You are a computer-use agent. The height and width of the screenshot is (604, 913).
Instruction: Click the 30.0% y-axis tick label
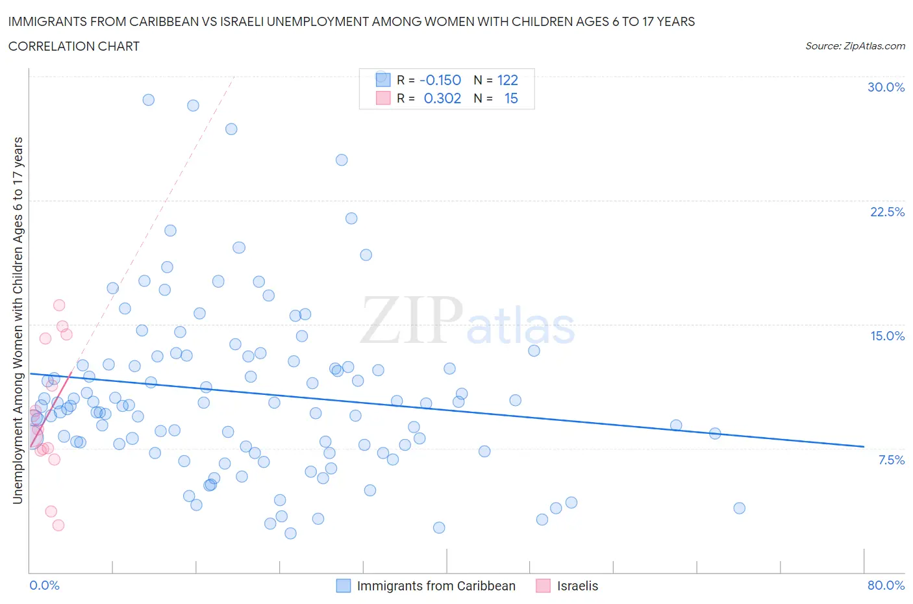(886, 87)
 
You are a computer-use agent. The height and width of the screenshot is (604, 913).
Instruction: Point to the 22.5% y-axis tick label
(887, 212)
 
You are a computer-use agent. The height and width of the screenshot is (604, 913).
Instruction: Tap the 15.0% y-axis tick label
(887, 336)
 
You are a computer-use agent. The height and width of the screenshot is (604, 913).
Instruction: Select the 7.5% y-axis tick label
(891, 460)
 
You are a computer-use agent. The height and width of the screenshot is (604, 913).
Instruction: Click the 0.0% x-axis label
(44, 585)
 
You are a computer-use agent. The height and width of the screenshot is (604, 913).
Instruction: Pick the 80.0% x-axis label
(886, 585)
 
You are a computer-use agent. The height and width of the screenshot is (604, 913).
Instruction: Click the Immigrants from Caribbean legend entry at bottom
(436, 586)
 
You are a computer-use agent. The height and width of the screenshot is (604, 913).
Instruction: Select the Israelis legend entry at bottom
(577, 586)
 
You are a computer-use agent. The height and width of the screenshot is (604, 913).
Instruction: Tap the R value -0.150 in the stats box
(440, 80)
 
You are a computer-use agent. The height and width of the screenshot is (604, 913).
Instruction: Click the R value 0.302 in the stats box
(442, 98)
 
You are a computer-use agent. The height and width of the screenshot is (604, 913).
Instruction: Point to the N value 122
(507, 80)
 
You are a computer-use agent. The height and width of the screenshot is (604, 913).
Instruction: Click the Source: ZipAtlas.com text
(855, 45)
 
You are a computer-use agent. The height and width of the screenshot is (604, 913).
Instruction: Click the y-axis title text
(18, 320)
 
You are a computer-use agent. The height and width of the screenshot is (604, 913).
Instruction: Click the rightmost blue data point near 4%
(739, 508)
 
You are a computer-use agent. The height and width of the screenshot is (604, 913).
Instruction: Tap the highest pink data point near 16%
(59, 305)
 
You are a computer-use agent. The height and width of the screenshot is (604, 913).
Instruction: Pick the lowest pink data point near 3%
(58, 525)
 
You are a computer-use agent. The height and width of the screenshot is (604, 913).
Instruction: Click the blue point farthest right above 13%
(534, 351)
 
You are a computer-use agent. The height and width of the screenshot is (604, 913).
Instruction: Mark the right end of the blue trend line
(864, 446)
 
